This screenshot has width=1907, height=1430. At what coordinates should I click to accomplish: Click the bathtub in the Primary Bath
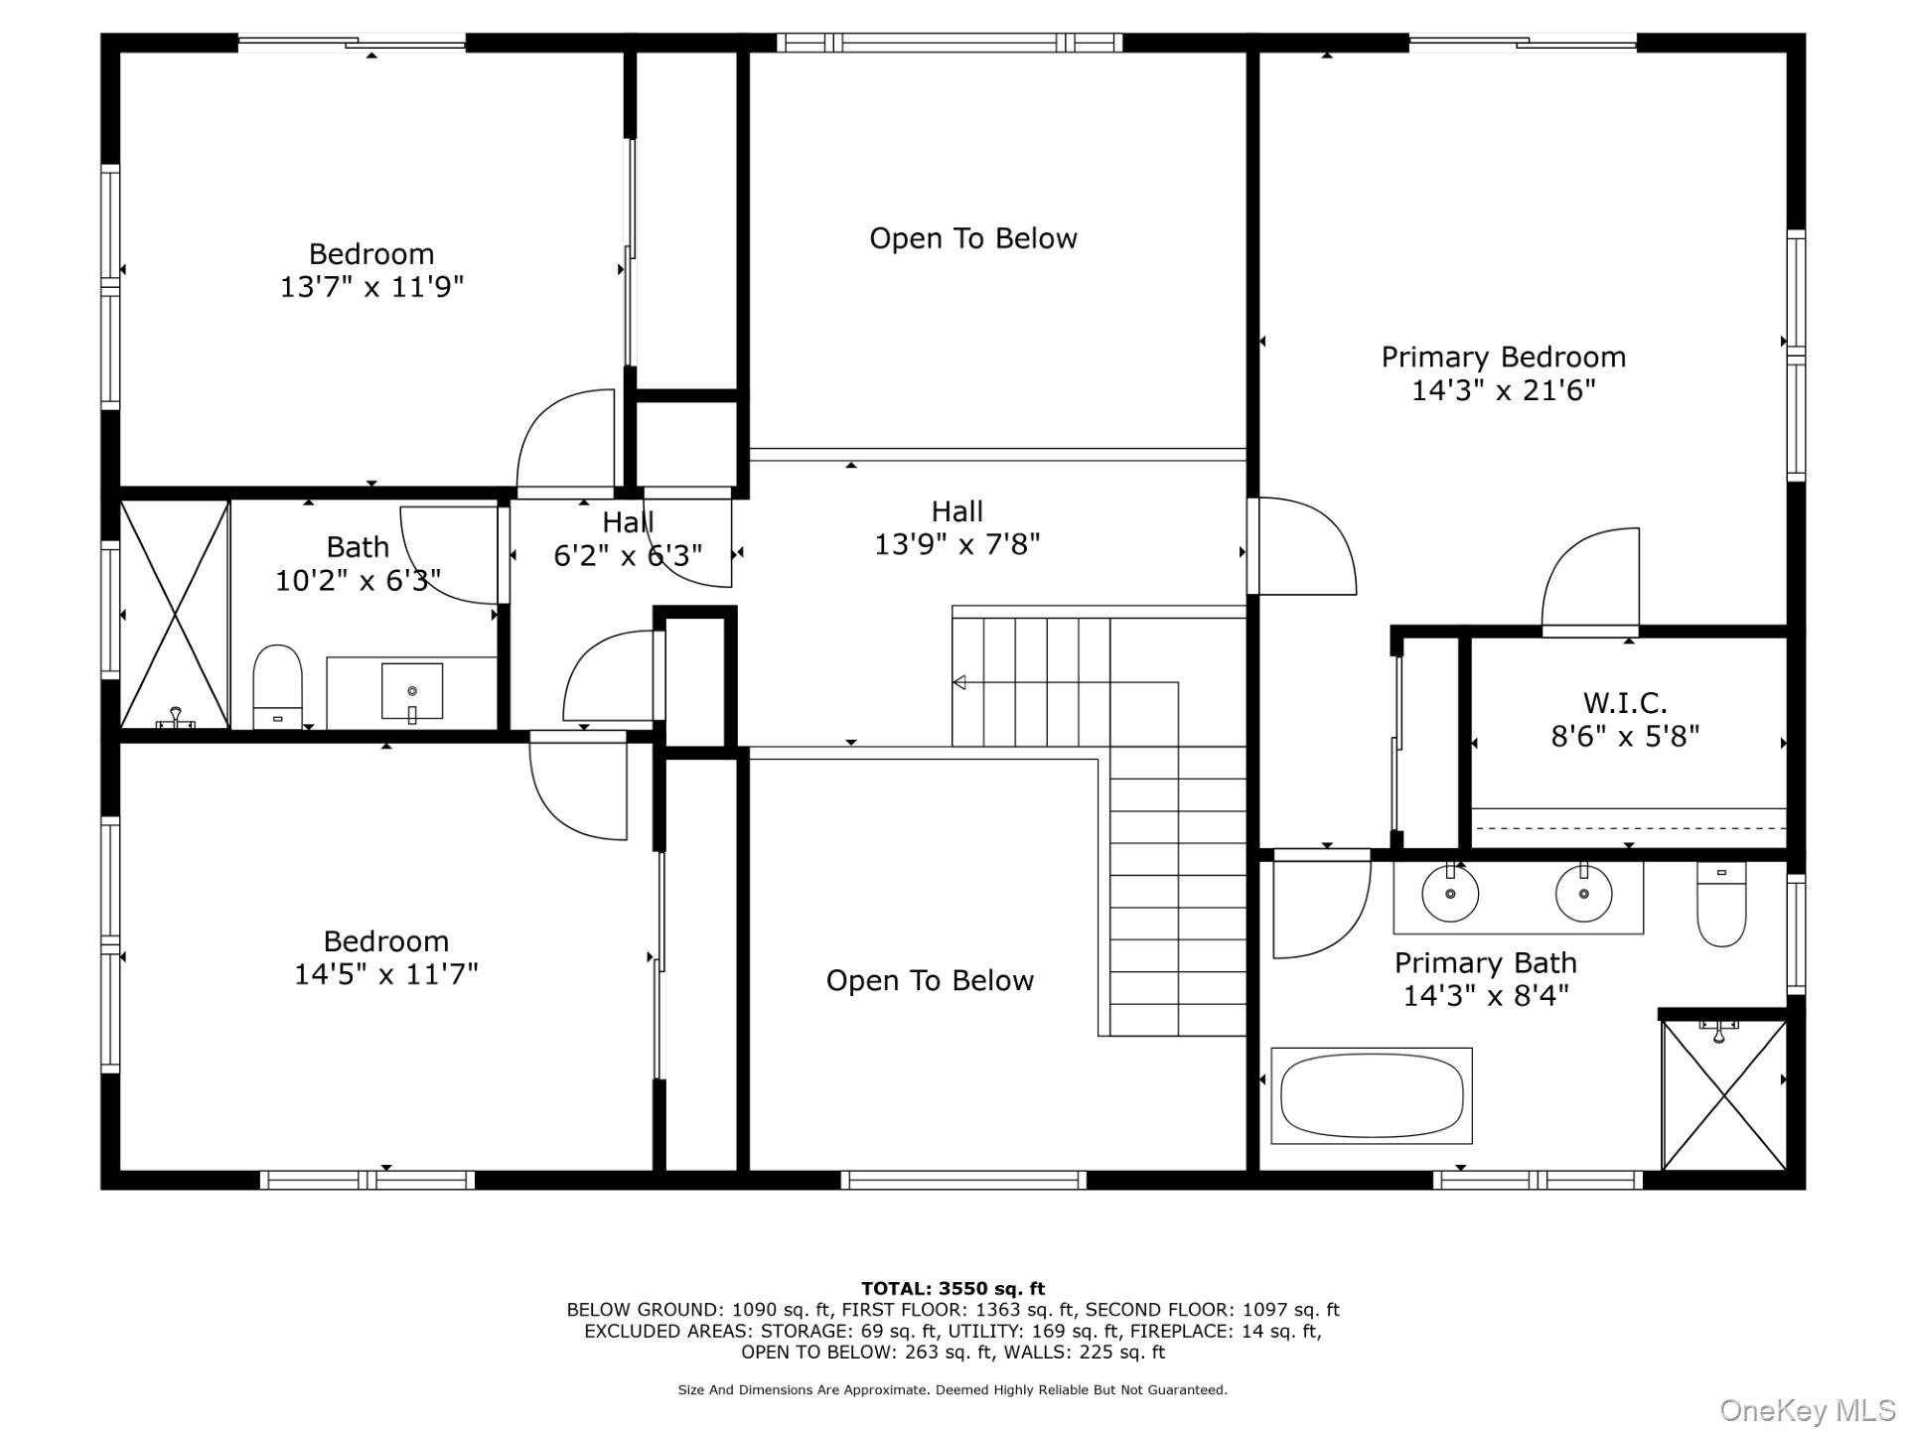(1372, 1095)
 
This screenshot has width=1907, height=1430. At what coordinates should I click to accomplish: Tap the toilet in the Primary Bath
(1721, 905)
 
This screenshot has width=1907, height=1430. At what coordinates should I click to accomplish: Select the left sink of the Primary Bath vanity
(1450, 893)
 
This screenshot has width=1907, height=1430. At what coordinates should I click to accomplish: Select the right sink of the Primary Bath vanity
(1583, 893)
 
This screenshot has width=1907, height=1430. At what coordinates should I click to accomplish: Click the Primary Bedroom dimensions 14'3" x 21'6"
(1503, 390)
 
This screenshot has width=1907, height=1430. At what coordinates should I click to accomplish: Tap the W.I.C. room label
(1625, 703)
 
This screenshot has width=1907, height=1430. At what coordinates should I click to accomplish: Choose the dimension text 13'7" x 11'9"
(371, 287)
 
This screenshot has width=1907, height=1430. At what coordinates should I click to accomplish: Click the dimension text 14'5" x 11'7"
(385, 974)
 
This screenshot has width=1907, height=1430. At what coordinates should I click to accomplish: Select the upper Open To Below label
(973, 238)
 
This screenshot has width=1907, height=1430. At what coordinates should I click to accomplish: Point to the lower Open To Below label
(930, 981)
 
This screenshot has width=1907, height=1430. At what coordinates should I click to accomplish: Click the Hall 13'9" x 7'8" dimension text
(957, 544)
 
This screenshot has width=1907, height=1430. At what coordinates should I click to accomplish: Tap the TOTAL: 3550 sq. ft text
(953, 1289)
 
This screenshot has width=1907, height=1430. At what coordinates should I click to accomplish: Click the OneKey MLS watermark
(1808, 1410)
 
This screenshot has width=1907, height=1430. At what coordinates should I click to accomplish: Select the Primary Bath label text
(1486, 962)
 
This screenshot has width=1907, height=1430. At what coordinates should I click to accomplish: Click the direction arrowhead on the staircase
(959, 682)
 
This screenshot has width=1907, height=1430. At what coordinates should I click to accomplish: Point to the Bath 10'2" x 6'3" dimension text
(358, 580)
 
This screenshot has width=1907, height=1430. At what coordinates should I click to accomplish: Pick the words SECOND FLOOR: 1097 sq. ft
(1213, 1310)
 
